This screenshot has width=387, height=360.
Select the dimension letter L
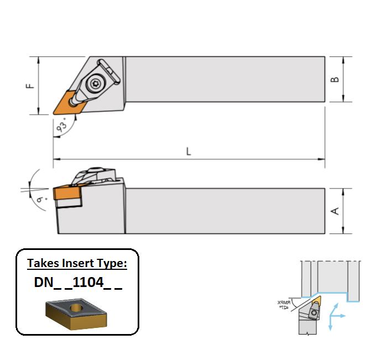coord(189,151)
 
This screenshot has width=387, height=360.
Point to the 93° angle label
coord(65,126)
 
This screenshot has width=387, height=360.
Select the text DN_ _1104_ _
coord(77,282)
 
